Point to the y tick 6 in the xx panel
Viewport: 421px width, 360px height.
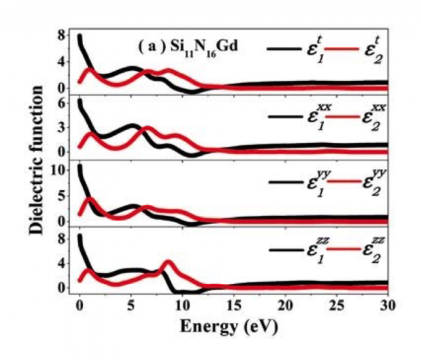pos(61,104)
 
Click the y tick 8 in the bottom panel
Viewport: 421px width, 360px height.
pos(61,239)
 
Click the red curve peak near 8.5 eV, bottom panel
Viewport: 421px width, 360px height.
pos(167,262)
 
